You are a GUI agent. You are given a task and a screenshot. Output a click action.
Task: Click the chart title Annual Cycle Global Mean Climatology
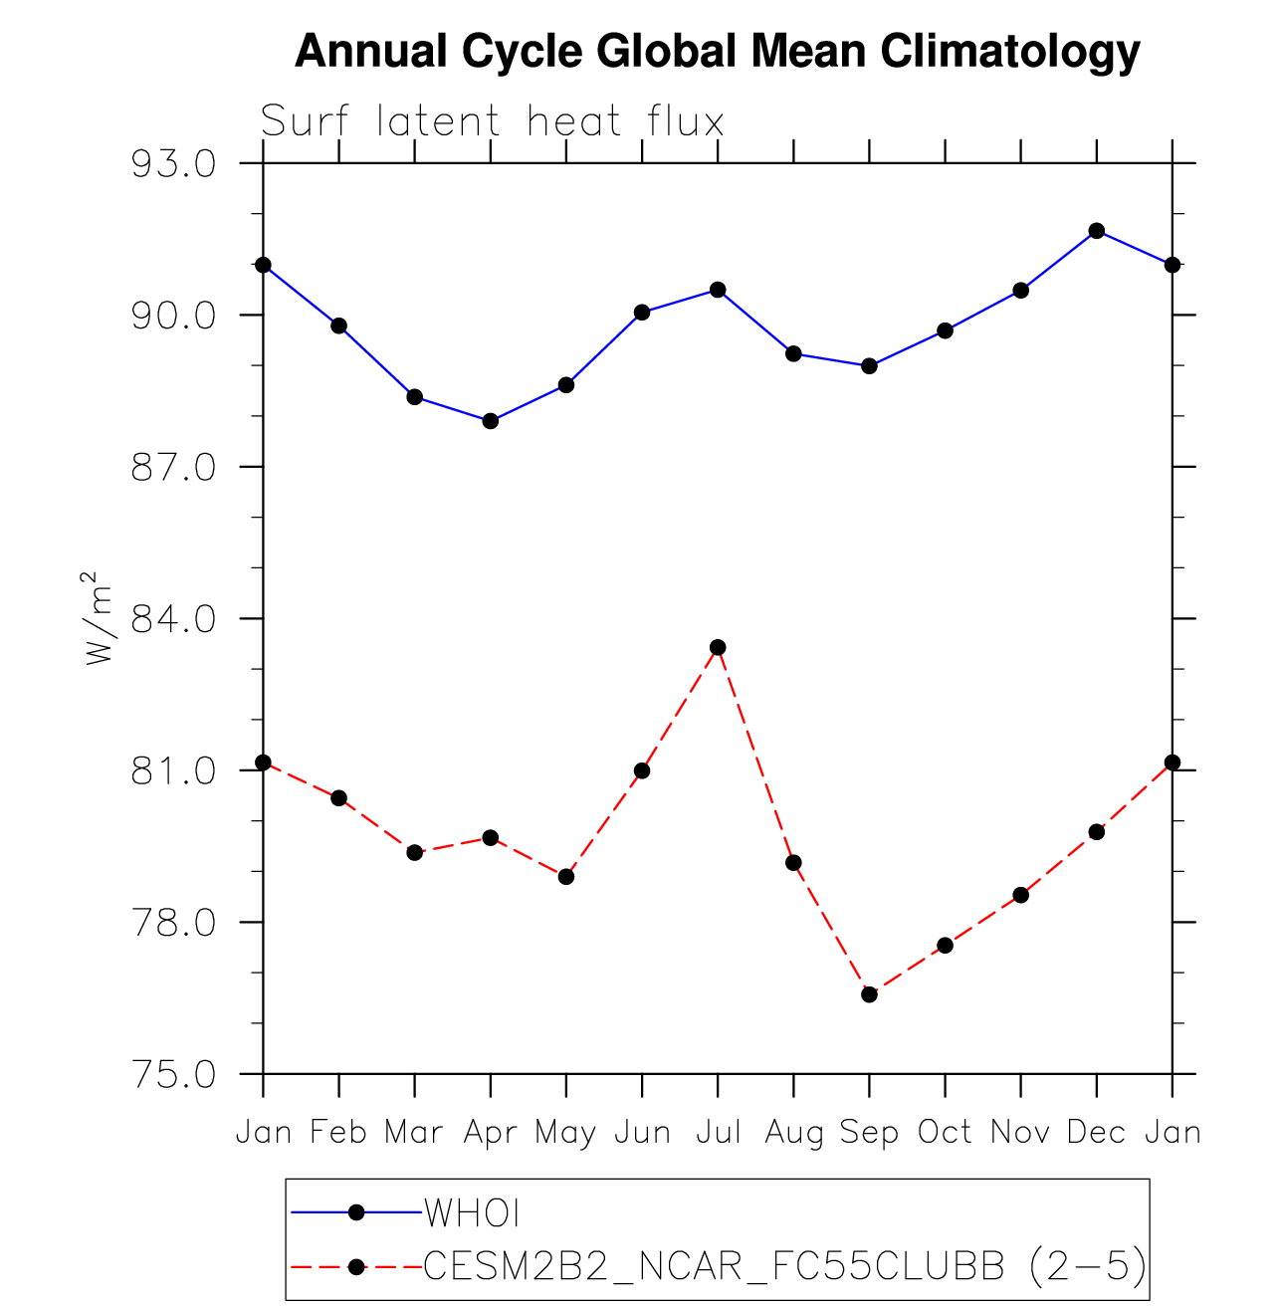point(717,52)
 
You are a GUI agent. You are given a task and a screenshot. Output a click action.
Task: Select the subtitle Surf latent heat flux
point(492,122)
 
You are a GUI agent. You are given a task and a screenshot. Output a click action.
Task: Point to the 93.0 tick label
point(175,164)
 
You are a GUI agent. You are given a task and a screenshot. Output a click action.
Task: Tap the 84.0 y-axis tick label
point(175,620)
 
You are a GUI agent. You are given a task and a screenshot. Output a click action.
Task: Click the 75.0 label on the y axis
point(175,1076)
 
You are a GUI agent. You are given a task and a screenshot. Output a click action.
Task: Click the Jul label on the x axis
point(718,1133)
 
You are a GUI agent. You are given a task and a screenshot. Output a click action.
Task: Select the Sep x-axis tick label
point(869,1133)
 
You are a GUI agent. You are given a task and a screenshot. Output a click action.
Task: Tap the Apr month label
point(490,1133)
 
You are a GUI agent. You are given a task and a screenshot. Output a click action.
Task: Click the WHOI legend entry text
point(473,1213)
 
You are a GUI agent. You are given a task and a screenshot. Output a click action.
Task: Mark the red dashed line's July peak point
point(718,648)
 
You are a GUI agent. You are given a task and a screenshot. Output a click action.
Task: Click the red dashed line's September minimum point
point(869,994)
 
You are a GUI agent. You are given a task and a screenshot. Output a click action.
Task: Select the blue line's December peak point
point(1097,231)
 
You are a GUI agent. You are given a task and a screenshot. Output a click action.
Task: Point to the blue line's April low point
point(491,421)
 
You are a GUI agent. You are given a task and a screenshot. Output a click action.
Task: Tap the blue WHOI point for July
point(718,290)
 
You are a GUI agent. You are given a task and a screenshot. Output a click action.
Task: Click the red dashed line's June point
point(642,770)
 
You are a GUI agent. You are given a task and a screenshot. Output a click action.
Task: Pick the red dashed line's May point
point(566,877)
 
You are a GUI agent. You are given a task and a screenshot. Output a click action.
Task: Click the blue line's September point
point(869,366)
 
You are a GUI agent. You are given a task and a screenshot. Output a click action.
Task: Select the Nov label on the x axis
point(1020,1133)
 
